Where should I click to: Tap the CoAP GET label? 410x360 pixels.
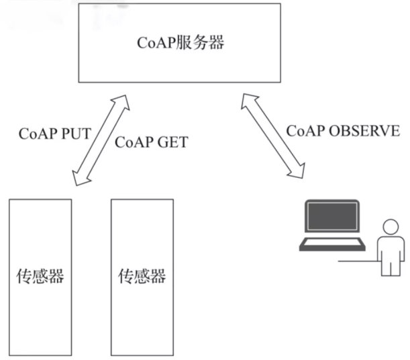pos(152,142)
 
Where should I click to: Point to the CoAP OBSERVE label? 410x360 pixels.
pos(343,130)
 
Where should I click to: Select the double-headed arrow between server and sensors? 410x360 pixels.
pos(101,140)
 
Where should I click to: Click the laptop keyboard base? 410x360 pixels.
pos(333,244)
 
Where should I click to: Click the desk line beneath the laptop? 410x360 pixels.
pos(356,260)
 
